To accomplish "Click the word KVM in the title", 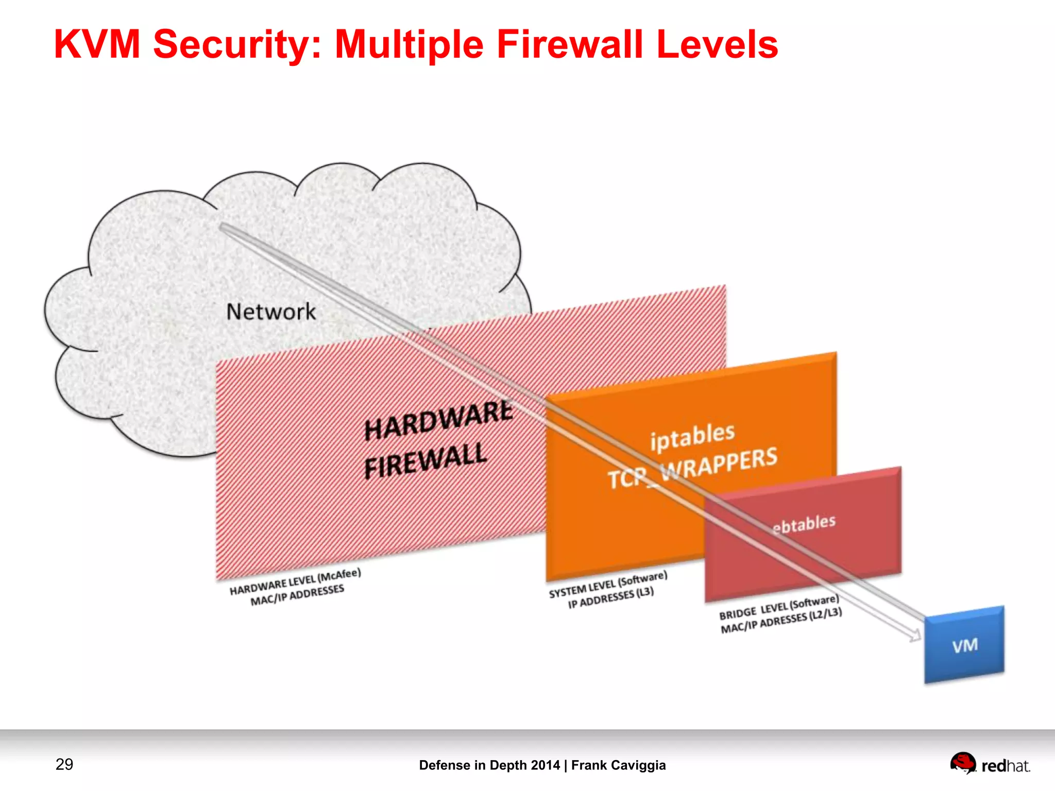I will click(x=97, y=44).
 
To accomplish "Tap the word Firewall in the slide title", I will click(x=570, y=44).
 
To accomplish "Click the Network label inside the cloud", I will click(x=271, y=312).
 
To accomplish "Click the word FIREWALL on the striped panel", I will click(x=426, y=460).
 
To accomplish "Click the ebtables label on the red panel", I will click(x=804, y=524).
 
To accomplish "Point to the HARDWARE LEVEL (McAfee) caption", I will click(x=295, y=581).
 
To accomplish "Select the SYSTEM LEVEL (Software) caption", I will click(x=608, y=584).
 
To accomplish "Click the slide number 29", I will click(x=64, y=764).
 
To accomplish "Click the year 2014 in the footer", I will click(x=546, y=765).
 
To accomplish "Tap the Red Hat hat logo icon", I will click(x=962, y=763).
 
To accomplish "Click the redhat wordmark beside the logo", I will click(x=1006, y=766).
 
